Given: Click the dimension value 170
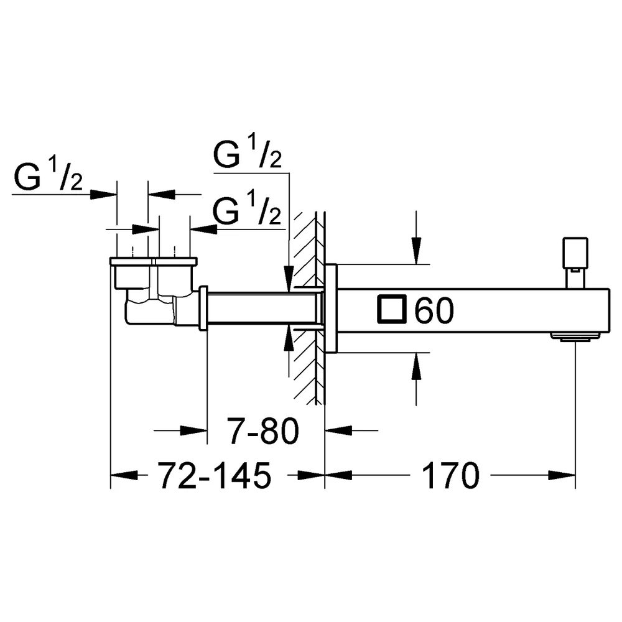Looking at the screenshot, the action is pos(450,475).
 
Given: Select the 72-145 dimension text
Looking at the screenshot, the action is pos(215,475).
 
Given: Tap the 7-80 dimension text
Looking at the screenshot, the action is pos(262,431).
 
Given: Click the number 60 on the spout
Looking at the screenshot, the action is pos(434,310).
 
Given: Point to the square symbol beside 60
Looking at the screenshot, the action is pos(391,309).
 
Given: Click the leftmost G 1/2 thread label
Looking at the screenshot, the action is pos(49,176).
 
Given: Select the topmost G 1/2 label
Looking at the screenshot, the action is pos(248,154).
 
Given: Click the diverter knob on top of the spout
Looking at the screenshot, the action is pos(575,262).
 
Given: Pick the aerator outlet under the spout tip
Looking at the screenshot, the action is pos(575,337).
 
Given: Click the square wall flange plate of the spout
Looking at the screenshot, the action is pos(331,309).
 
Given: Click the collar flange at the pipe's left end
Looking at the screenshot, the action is pos(203,308).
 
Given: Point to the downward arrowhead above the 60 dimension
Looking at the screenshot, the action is pos(416,250).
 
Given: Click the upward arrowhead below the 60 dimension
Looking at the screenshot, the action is pos(416,366).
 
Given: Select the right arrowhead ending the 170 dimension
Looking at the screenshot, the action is pos(562,475).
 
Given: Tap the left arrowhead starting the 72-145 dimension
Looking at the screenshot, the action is pos(124,475).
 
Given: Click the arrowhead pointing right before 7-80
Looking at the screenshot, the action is pos(193,430).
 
